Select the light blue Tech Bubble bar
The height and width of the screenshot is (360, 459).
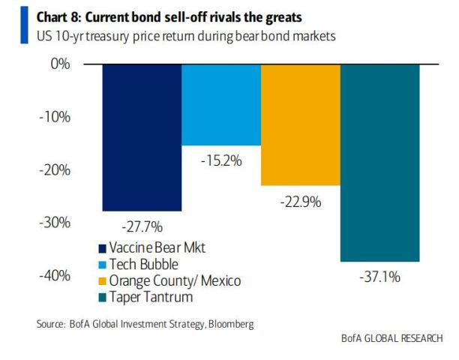[x=220, y=105]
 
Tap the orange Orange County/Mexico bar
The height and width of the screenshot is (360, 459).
[x=300, y=124]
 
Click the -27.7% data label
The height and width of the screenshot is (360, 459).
[x=142, y=225]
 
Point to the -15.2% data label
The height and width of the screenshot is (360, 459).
[x=220, y=159]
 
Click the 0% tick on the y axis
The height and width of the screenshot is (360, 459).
[x=61, y=64]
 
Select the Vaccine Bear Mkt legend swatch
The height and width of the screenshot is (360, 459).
[x=102, y=248]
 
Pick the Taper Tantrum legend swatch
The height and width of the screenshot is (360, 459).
[x=102, y=297]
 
